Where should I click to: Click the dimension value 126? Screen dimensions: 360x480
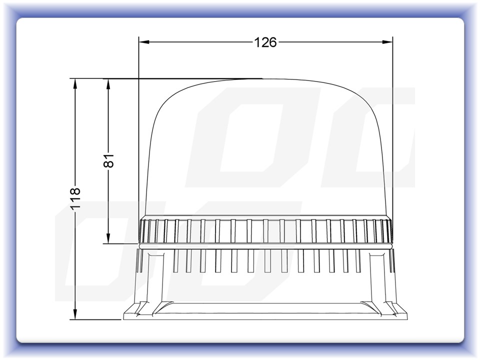coord(265,42)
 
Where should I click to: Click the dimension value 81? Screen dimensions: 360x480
coord(108,160)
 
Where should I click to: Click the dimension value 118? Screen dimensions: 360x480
coord(75,198)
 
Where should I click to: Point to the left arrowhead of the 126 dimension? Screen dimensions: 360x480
coord(143,42)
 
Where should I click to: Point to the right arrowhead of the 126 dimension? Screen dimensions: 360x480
coord(388,42)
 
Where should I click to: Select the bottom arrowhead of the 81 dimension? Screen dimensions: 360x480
coord(108,239)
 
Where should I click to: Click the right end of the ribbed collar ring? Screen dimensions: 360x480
coord(390,231)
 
